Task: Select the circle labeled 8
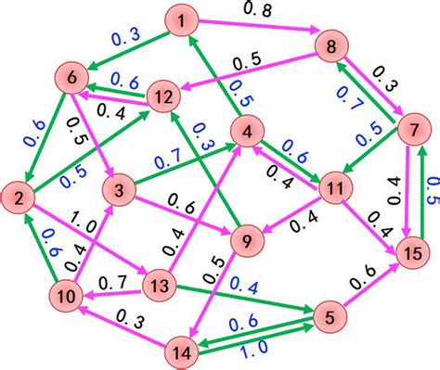click(x=330, y=45)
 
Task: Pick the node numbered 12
click(x=164, y=96)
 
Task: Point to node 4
click(x=249, y=134)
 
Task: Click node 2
click(x=19, y=197)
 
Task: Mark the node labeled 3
click(x=120, y=193)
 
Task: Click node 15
click(x=413, y=251)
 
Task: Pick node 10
click(x=65, y=297)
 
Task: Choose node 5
click(x=329, y=316)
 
